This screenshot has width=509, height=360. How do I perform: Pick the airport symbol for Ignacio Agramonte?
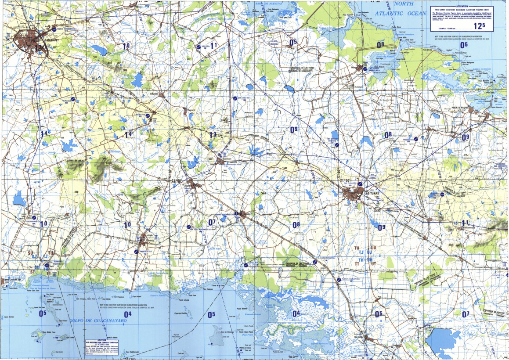click(54, 30)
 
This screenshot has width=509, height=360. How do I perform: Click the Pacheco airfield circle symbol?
click(73, 100)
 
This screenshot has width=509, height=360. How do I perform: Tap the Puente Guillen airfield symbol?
click(339, 279)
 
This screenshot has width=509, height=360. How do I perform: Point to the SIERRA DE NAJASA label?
click(76, 161)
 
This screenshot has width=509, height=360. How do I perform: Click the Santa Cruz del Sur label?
click(13, 280)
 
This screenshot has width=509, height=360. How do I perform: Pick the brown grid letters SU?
click(31, 253)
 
